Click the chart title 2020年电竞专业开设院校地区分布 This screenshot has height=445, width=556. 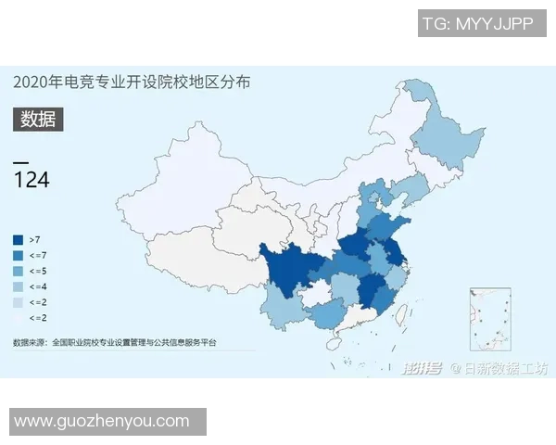click(x=132, y=83)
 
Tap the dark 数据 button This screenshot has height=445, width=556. click(x=37, y=119)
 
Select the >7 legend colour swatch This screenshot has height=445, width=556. click(x=19, y=239)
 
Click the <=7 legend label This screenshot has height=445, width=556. click(x=38, y=255)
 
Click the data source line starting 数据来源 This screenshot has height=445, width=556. click(x=115, y=343)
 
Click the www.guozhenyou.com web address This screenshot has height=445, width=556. click(x=102, y=421)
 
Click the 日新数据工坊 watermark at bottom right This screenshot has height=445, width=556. click(x=505, y=368)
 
